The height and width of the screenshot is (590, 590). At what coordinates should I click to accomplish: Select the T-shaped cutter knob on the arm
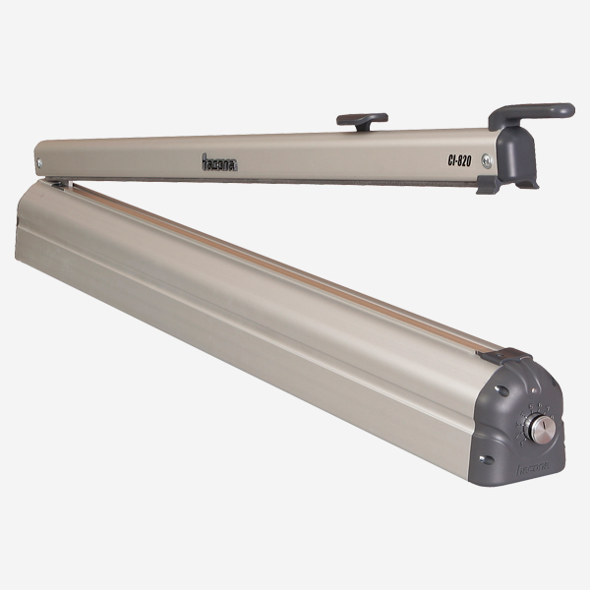click(361, 120)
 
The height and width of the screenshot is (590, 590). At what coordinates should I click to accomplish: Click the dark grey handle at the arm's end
click(531, 112)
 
